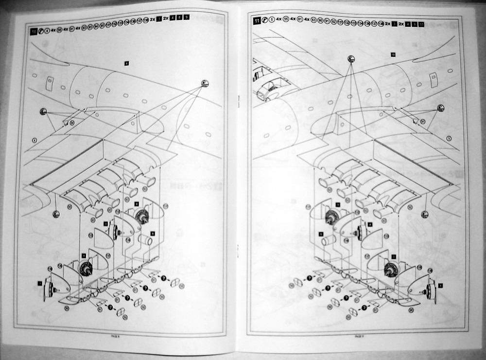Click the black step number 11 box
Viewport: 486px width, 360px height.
[x=256, y=21]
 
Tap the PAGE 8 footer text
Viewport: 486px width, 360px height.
[x=115, y=335]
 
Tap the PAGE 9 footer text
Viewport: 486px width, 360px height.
[x=358, y=336]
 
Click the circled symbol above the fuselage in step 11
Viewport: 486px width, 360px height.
[x=351, y=59]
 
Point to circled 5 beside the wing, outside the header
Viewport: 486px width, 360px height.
[x=449, y=139]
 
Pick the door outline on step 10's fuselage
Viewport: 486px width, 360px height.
[x=50, y=82]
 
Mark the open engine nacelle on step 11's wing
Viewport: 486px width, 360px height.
[x=270, y=91]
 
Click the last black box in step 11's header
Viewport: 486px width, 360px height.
[x=421, y=23]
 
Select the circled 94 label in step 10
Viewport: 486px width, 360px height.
[x=72, y=123]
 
